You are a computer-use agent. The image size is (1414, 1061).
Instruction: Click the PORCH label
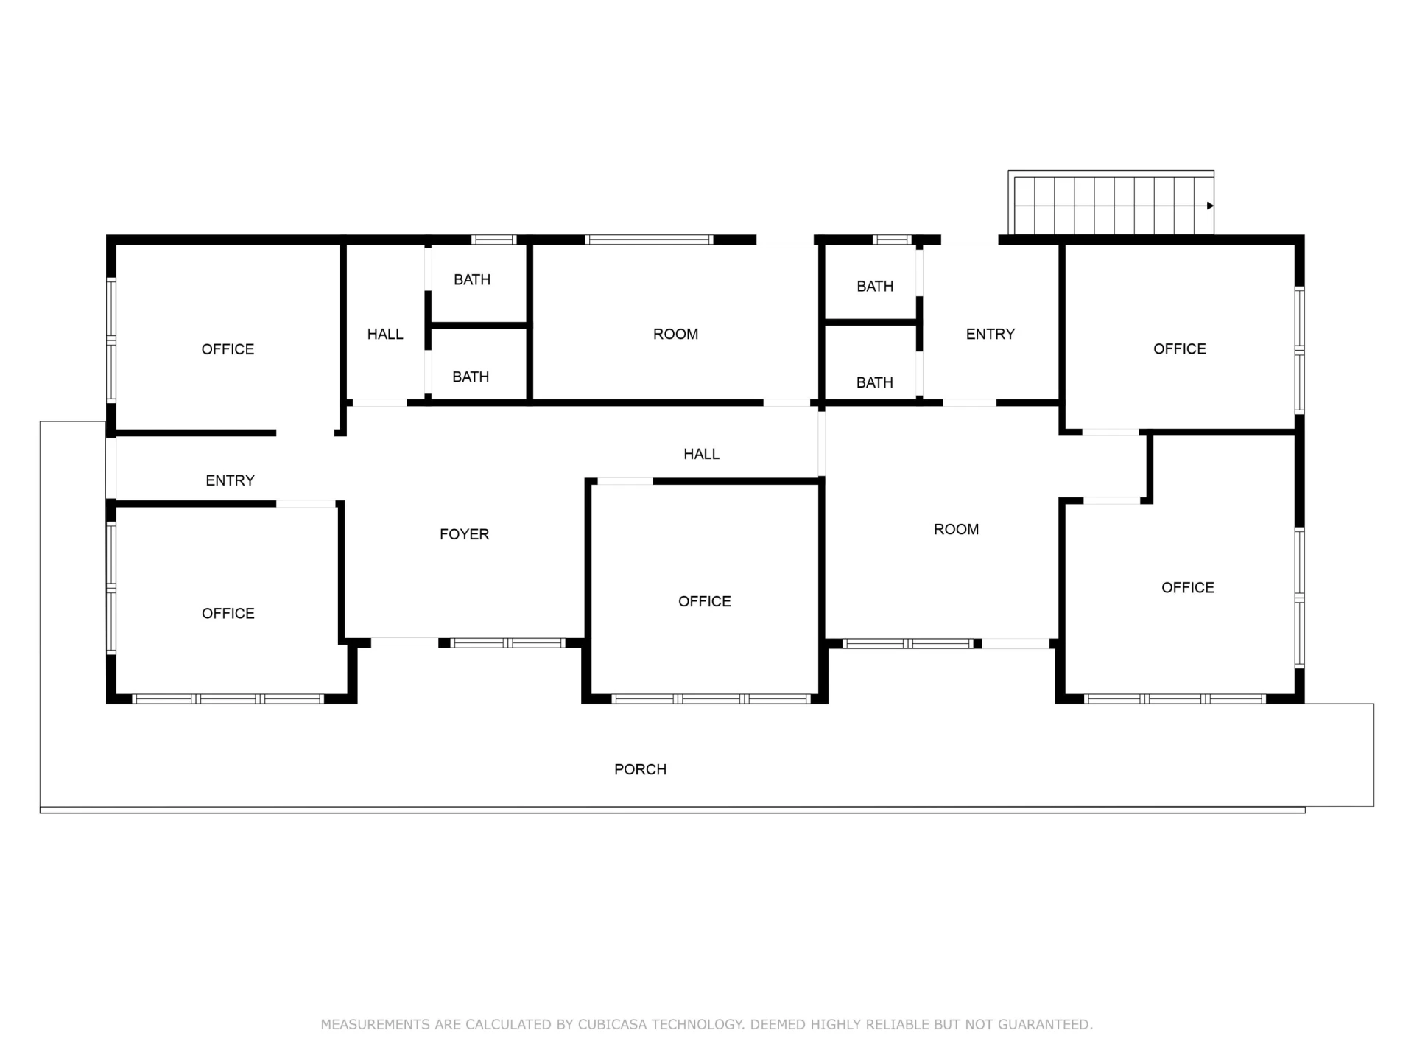(x=640, y=769)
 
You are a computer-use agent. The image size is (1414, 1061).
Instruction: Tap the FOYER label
(x=464, y=534)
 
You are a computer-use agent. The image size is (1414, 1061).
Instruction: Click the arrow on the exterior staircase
(x=1210, y=206)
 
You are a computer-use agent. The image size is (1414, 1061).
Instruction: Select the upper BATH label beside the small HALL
(x=472, y=279)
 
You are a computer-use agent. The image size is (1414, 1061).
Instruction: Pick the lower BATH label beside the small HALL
(x=471, y=377)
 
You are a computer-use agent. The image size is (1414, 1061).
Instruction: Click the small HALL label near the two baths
(x=385, y=334)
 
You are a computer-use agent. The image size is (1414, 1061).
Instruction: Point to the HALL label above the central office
(x=701, y=454)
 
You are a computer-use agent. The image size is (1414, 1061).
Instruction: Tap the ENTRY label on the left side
(x=230, y=480)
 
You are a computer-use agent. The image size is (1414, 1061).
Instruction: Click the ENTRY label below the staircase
(x=991, y=334)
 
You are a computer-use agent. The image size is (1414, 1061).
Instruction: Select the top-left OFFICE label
(x=228, y=349)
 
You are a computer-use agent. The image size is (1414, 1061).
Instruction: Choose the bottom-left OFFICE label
(x=228, y=613)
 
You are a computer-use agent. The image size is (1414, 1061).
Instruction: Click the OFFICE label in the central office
(x=705, y=601)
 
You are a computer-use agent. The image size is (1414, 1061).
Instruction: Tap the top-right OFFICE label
(x=1180, y=349)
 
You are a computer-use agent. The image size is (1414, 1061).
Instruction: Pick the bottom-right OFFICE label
(x=1188, y=587)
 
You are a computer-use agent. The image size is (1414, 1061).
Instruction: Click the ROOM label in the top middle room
(x=675, y=334)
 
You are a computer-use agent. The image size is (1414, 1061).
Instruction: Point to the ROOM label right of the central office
(x=956, y=529)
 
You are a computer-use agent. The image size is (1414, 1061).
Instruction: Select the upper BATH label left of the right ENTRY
(x=875, y=286)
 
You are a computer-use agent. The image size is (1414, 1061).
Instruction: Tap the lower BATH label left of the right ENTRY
(x=874, y=382)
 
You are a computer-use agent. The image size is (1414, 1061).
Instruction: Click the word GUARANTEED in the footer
(x=1045, y=1024)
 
